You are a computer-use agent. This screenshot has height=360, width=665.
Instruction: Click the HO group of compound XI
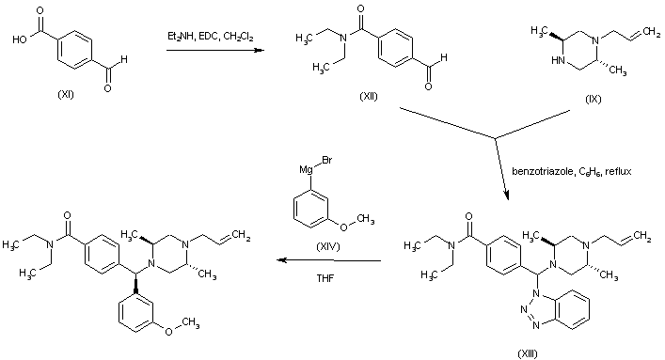20,39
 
